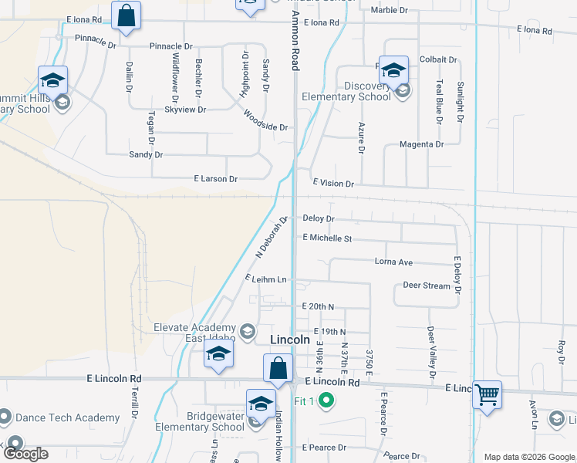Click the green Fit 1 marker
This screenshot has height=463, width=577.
(326, 400)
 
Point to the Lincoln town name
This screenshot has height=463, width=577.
(290, 340)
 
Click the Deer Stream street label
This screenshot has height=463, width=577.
(426, 286)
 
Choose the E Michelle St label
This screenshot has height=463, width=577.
(327, 238)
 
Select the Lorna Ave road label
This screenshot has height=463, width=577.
(393, 262)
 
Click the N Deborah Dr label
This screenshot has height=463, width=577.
(271, 237)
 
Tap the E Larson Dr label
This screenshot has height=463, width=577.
(215, 179)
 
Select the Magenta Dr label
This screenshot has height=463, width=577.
(421, 144)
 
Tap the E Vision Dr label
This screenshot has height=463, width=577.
(332, 184)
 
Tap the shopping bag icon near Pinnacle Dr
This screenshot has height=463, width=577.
(125, 16)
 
